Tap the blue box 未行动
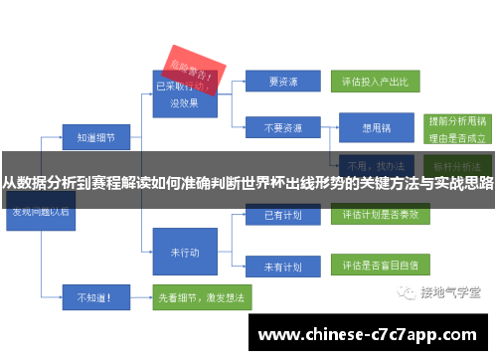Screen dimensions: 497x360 [x=184, y=253]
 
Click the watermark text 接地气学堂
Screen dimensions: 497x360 [x=450, y=293]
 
